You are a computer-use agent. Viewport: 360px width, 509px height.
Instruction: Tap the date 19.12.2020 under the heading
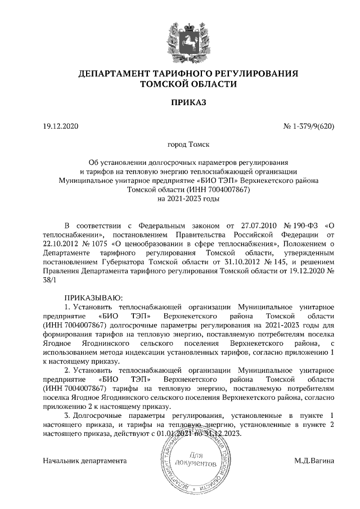coord(62,127)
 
